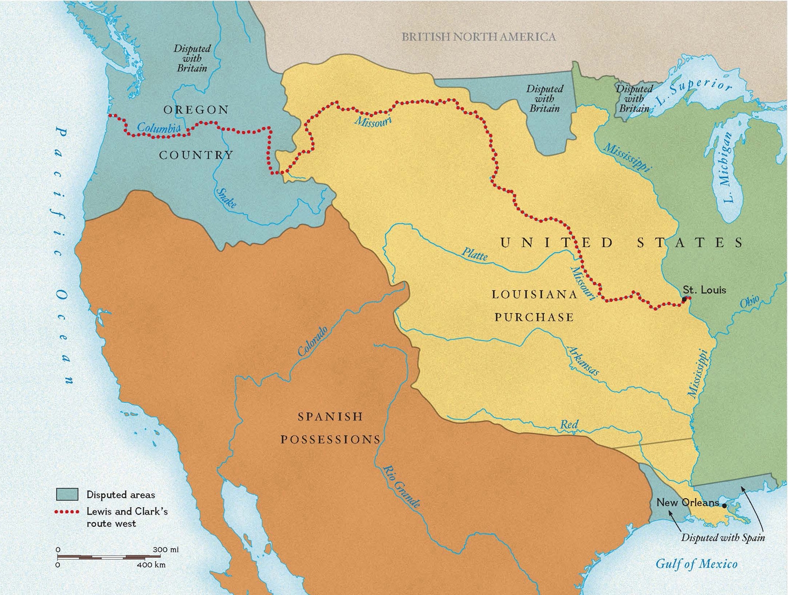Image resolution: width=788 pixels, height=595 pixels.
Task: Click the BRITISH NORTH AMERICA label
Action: (x=478, y=37)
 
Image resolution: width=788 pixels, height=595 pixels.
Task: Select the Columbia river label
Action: (x=158, y=128)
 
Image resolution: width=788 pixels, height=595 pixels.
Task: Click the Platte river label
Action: (x=474, y=254)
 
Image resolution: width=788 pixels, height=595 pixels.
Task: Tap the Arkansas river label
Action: (x=583, y=361)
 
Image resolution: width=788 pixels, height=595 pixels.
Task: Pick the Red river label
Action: (x=569, y=424)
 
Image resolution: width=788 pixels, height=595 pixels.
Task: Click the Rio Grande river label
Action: (x=401, y=487)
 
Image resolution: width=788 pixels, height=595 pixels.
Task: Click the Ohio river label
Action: (x=749, y=302)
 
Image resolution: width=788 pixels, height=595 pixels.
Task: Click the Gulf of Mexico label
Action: (x=696, y=563)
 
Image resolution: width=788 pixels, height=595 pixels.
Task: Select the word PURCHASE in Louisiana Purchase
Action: (x=534, y=317)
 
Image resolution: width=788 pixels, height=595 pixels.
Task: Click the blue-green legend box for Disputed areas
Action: (x=67, y=494)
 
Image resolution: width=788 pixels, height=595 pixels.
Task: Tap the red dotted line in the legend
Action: (x=67, y=512)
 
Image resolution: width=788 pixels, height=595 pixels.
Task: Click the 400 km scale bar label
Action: (x=151, y=565)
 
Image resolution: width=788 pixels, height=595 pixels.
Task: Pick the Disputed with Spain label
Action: (x=723, y=537)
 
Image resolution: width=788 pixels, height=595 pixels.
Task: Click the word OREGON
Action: (x=196, y=110)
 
